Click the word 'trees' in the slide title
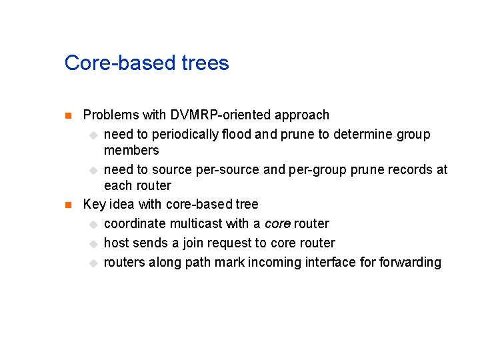(x=205, y=63)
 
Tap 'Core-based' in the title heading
(x=121, y=63)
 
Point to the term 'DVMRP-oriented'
(x=214, y=115)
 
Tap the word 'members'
(x=131, y=151)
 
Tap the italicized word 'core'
(x=277, y=224)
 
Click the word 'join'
(x=195, y=243)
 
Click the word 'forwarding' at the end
(x=410, y=263)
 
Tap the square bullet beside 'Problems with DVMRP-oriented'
(x=67, y=116)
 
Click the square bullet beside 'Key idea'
(x=67, y=205)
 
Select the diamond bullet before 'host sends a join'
(x=93, y=244)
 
